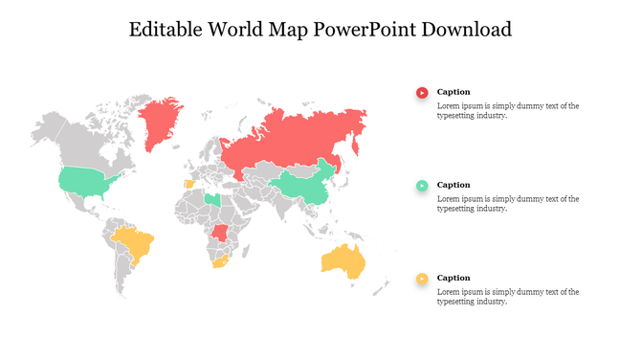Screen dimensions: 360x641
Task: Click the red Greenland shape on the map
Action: click(160, 122)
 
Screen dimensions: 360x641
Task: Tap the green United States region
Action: click(84, 180)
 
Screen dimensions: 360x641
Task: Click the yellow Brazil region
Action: click(134, 243)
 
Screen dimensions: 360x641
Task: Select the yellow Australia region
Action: click(345, 259)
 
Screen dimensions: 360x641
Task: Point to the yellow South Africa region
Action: click(218, 260)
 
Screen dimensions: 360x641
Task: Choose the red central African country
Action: click(222, 233)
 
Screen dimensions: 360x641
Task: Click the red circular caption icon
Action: click(422, 92)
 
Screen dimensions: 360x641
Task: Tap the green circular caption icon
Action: click(422, 185)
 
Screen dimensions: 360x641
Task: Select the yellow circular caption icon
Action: click(422, 279)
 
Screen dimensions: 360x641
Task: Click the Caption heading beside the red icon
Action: click(453, 92)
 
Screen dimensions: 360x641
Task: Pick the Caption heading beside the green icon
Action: click(453, 185)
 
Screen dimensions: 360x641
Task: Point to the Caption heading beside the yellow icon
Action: click(453, 278)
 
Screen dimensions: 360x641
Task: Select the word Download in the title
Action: click(465, 30)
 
